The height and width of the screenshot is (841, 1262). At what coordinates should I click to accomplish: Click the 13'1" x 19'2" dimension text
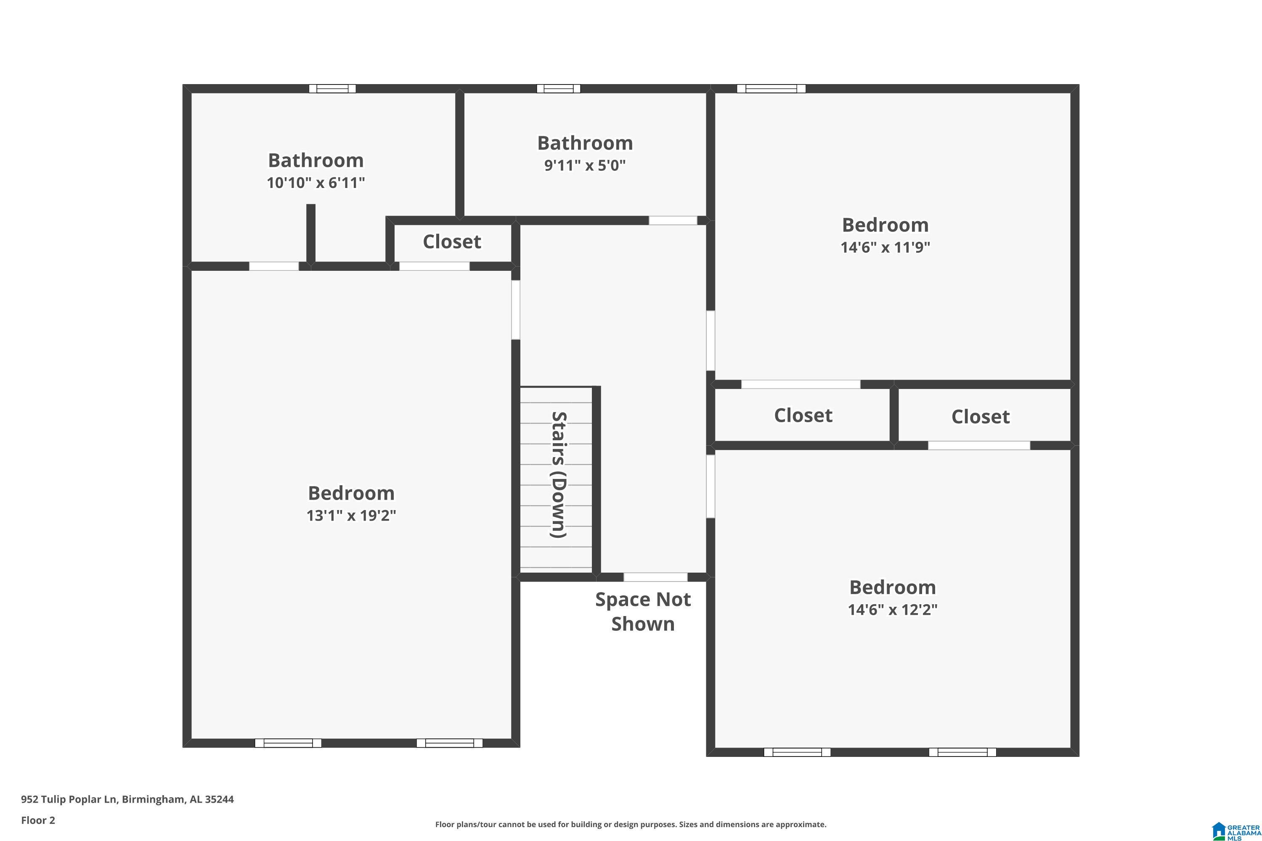351,516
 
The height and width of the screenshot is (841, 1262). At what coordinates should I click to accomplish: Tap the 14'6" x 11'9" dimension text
886,247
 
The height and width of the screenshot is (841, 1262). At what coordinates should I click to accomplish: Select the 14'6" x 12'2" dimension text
893,610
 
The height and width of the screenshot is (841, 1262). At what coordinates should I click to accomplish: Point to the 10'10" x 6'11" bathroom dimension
316,183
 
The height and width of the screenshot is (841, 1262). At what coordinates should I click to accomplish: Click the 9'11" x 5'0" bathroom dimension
585,165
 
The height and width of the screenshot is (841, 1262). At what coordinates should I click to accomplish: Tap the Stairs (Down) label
559,475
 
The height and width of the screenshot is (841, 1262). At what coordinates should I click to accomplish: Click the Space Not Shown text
643,611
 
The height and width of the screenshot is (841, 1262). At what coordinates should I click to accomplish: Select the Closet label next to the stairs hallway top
452,242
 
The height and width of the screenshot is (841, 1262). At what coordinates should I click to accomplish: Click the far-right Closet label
980,417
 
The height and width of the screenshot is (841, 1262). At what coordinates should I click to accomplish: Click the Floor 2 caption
38,820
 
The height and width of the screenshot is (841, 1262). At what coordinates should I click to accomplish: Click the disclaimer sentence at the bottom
631,824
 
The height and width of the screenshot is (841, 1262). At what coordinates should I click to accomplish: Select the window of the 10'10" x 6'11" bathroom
332,88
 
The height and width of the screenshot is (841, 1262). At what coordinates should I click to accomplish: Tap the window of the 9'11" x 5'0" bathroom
559,88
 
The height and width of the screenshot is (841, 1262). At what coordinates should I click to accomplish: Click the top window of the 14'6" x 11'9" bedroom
771,88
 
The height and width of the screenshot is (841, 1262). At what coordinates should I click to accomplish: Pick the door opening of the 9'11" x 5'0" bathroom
673,220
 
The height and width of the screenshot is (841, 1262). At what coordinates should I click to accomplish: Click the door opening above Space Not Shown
655,577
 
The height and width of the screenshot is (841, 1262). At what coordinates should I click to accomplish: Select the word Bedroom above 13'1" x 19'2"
351,493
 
